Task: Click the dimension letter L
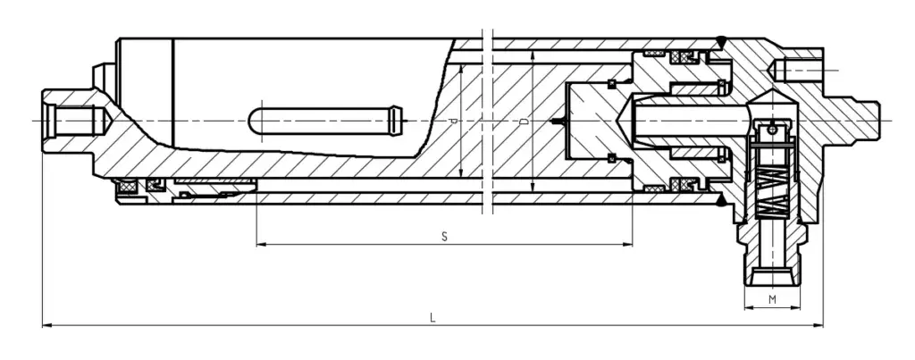(432, 317)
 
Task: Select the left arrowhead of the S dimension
(260, 244)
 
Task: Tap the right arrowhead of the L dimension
(819, 326)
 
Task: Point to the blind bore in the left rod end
(76, 119)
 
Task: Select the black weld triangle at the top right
(721, 40)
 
